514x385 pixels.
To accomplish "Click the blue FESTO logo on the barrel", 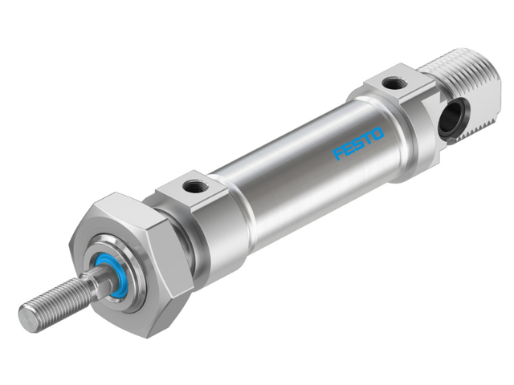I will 359,143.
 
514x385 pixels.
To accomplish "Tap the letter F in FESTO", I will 340,152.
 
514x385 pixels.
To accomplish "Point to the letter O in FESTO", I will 378,133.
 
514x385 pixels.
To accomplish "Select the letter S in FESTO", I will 359,143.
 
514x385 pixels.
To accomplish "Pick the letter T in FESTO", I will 369,138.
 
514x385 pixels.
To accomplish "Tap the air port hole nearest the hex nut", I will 194,188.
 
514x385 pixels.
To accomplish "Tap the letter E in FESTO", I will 349,148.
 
